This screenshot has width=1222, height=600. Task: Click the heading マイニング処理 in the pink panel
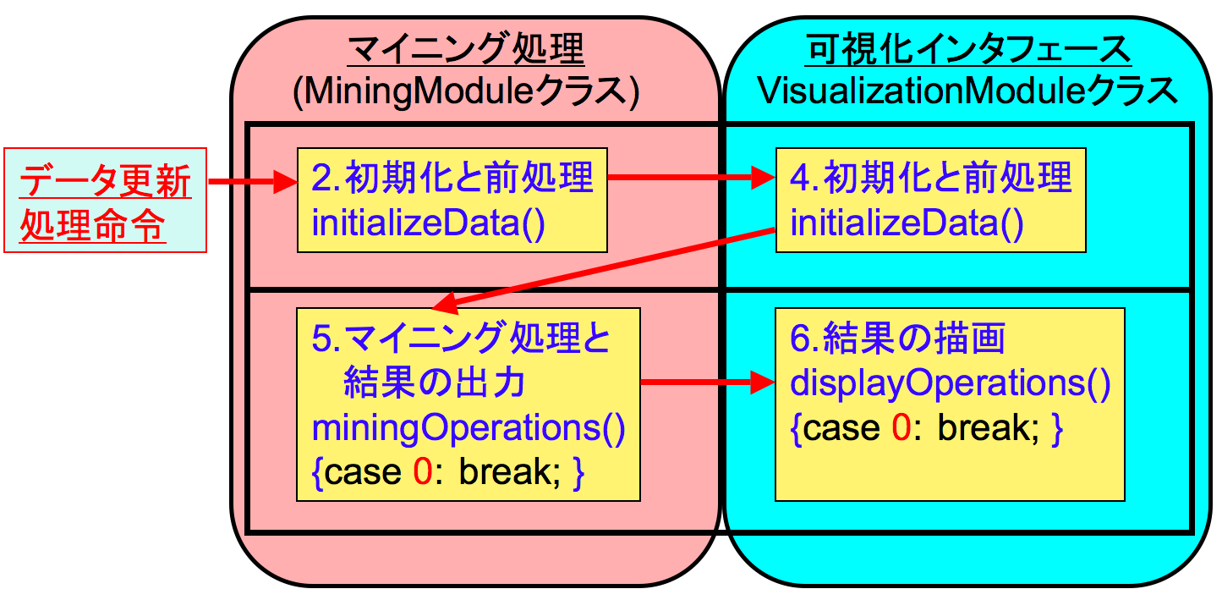[x=466, y=50]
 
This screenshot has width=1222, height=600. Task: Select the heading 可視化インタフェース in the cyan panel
[x=969, y=50]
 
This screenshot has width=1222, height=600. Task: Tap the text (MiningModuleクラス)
[x=466, y=91]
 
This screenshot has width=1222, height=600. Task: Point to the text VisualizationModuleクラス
[x=969, y=91]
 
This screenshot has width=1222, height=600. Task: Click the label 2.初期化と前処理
[x=452, y=179]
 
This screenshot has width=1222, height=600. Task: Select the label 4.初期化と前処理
[x=931, y=179]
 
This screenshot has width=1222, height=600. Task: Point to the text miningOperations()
[x=469, y=428]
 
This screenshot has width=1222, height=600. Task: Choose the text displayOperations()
[x=950, y=384]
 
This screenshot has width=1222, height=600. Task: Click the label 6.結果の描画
[x=898, y=339]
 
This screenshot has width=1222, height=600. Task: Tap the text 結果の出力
[x=435, y=384]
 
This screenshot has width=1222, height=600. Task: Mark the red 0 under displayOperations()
[x=901, y=429]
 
